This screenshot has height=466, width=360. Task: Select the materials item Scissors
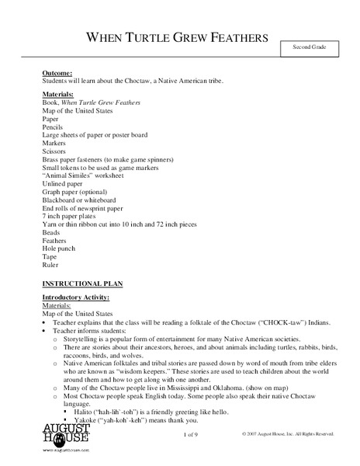pyautogui.click(x=54, y=152)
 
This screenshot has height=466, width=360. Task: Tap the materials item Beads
pyautogui.click(x=51, y=232)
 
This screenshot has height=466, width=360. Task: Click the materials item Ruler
pyautogui.click(x=50, y=262)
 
